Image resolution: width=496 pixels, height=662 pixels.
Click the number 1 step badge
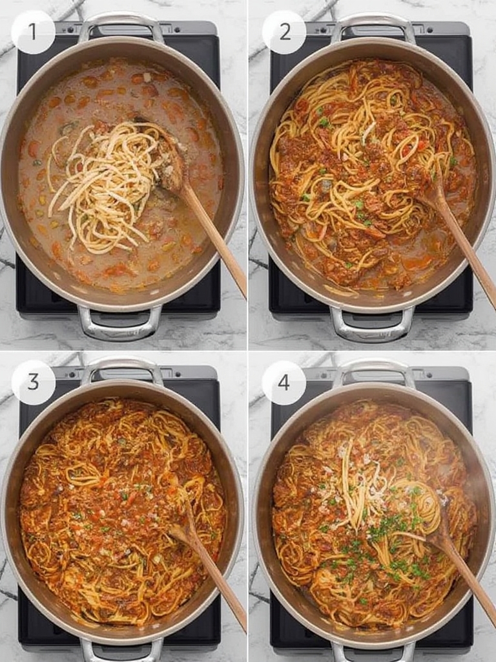pyautogui.click(x=33, y=32)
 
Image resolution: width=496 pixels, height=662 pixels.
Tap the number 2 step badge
pyautogui.click(x=284, y=32)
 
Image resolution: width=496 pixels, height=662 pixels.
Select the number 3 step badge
pyautogui.click(x=34, y=382)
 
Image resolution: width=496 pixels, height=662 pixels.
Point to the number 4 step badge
pyautogui.click(x=284, y=383)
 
